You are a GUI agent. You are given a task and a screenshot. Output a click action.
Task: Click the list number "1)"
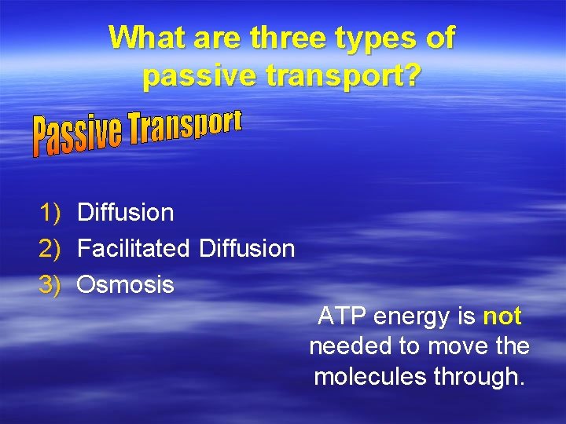coord(50,212)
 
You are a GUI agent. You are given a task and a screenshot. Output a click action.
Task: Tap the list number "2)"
coord(50,249)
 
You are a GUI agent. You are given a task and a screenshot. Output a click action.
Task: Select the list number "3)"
coord(50,285)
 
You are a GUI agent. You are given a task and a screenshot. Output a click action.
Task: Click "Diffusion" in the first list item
coord(126,212)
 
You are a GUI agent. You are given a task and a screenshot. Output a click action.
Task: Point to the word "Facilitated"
coord(134,249)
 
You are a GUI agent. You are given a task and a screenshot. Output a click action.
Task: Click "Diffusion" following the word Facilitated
coord(247,249)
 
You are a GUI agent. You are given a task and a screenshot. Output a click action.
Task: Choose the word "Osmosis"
coord(126,285)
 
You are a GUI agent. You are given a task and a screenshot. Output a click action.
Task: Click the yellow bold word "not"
coord(502,316)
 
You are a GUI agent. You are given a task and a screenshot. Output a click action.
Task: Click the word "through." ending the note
coord(481,378)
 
